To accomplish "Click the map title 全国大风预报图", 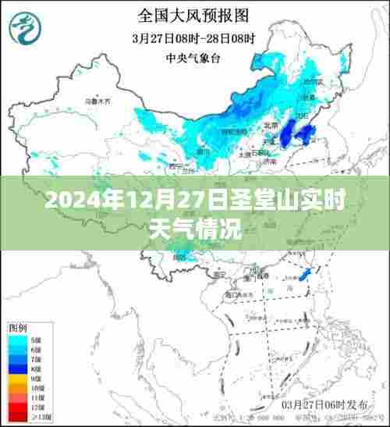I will click(194, 15).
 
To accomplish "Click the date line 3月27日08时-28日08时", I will click(194, 36).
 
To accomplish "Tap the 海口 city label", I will click(231, 295).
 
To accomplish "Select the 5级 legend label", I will click(36, 340).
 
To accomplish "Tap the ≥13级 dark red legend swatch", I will click(17, 416).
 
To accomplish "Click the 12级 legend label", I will click(36, 407).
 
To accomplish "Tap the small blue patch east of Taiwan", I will click(307, 275).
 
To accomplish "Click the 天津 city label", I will click(269, 141).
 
